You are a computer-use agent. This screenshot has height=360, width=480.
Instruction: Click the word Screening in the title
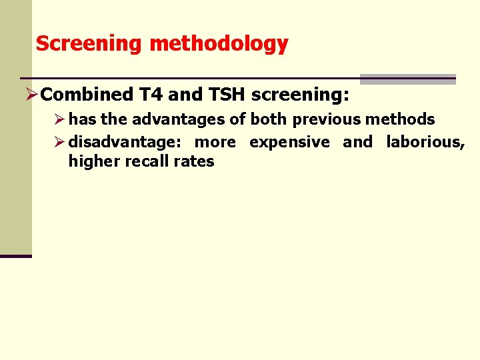point(89,44)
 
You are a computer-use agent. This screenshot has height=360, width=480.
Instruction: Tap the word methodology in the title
point(219,44)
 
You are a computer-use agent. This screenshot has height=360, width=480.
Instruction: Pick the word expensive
point(289,142)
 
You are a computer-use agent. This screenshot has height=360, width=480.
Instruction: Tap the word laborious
point(425,142)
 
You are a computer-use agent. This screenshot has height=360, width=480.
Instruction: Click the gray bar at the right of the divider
point(407,79)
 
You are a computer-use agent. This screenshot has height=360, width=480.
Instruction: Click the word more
point(215,142)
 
